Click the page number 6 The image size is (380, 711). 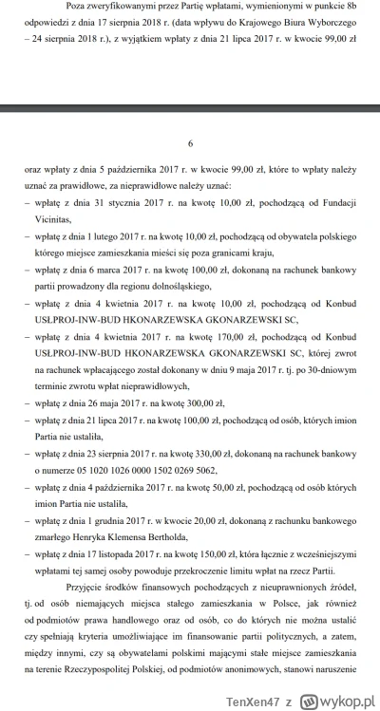click(x=190, y=143)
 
